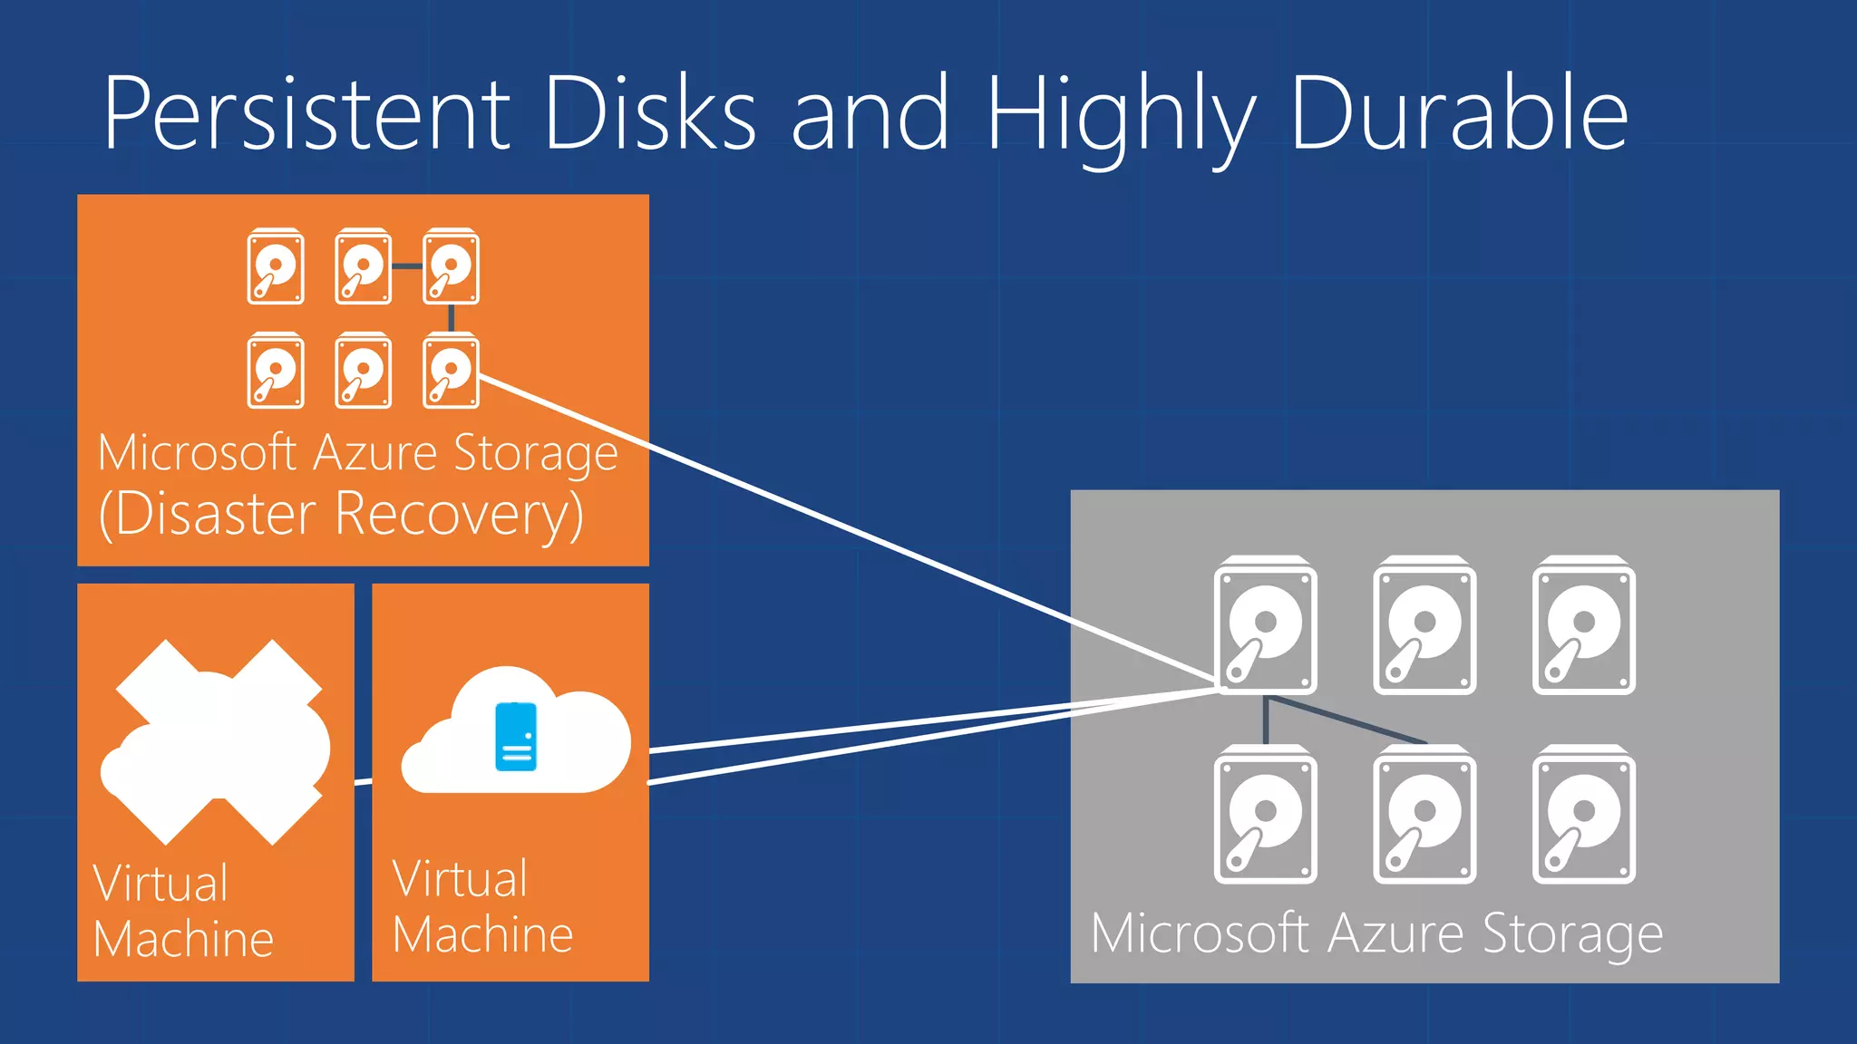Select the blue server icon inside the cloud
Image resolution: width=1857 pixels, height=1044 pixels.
point(516,736)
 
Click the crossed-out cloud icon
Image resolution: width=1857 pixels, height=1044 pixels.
point(216,741)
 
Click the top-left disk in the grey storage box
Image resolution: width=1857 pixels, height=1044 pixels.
point(1265,626)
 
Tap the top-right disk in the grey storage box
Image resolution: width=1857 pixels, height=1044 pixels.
point(1583,626)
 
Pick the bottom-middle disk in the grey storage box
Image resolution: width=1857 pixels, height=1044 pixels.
point(1424,815)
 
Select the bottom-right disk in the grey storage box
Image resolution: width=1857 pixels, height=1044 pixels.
point(1583,815)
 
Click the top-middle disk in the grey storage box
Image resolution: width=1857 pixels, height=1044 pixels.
point(1424,626)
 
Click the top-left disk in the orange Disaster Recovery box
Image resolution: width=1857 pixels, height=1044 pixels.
point(276,267)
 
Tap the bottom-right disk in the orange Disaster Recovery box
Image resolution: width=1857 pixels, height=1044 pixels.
point(451,372)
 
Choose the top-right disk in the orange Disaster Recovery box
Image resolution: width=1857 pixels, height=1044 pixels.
point(451,267)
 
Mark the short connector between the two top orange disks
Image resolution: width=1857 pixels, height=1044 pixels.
point(407,266)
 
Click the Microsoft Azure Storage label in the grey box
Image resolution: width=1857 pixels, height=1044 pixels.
point(1376,934)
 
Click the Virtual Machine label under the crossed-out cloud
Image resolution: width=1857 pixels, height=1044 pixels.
point(182,911)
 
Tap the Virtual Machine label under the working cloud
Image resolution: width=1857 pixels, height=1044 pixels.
point(481,906)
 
